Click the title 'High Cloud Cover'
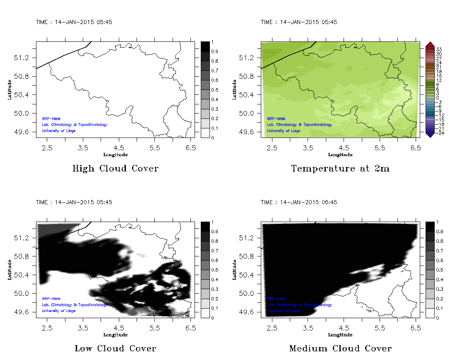click(x=115, y=169)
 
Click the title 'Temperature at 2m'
click(x=340, y=169)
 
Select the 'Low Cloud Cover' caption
click(x=115, y=348)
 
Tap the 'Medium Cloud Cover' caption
click(x=340, y=348)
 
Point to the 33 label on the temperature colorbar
click(x=439, y=49)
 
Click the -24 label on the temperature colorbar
click(x=439, y=133)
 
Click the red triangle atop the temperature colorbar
click(x=429, y=44)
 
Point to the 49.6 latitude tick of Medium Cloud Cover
click(x=248, y=312)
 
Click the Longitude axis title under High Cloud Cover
click(x=115, y=155)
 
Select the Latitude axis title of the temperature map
click(x=234, y=89)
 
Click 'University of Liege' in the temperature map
click(x=284, y=131)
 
